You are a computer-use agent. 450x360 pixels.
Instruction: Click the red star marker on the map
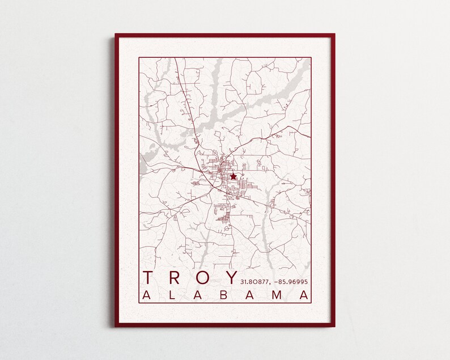[233, 177]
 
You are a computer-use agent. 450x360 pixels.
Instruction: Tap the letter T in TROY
[148, 278]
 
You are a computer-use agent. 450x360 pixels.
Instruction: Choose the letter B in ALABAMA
[226, 295]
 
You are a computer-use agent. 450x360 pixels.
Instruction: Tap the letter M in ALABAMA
[278, 295]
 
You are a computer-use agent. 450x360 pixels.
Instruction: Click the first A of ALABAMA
[146, 295]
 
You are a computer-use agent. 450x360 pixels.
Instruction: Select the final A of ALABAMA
[305, 295]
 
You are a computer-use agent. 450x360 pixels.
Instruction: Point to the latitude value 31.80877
[255, 281]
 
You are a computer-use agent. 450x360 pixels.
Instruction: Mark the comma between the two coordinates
[271, 283]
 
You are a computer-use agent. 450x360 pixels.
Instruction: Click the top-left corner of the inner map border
[139, 57]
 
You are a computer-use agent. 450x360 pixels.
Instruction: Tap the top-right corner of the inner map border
[311, 57]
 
